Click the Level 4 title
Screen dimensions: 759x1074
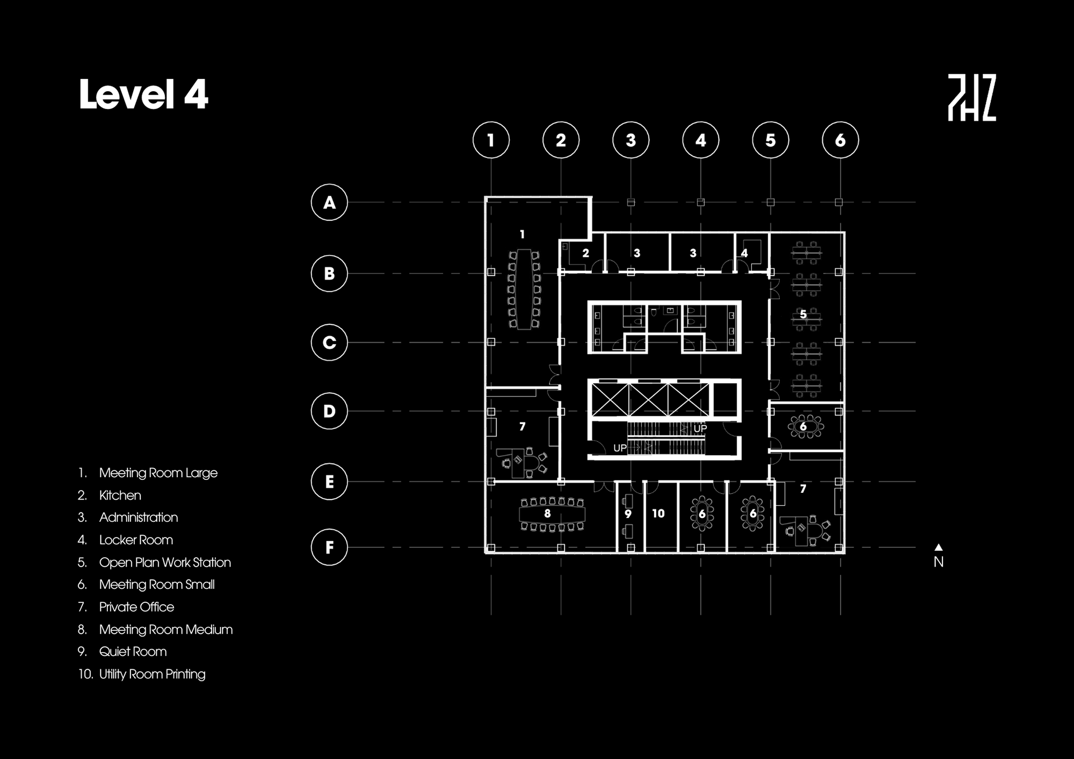(143, 94)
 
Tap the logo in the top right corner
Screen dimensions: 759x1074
(972, 98)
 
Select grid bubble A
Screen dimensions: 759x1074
(329, 202)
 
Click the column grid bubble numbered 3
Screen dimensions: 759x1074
(631, 140)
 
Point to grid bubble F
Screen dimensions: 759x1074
(329, 547)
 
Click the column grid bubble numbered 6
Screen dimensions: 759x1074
(840, 140)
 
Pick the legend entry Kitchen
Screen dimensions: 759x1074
(120, 496)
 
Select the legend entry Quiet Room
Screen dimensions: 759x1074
(133, 652)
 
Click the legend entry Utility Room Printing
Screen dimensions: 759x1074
(152, 674)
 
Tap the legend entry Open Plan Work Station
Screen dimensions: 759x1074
(164, 562)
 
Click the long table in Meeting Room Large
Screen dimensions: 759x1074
(524, 290)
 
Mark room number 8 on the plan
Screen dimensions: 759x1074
(548, 513)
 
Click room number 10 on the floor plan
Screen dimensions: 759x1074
(658, 513)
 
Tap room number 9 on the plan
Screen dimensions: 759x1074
(628, 514)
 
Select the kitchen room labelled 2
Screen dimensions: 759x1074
(586, 253)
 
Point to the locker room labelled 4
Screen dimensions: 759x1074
(745, 253)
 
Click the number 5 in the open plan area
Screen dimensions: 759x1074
(803, 314)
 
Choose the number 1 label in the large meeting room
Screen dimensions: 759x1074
(522, 234)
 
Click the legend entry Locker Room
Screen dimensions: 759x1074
(136, 540)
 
